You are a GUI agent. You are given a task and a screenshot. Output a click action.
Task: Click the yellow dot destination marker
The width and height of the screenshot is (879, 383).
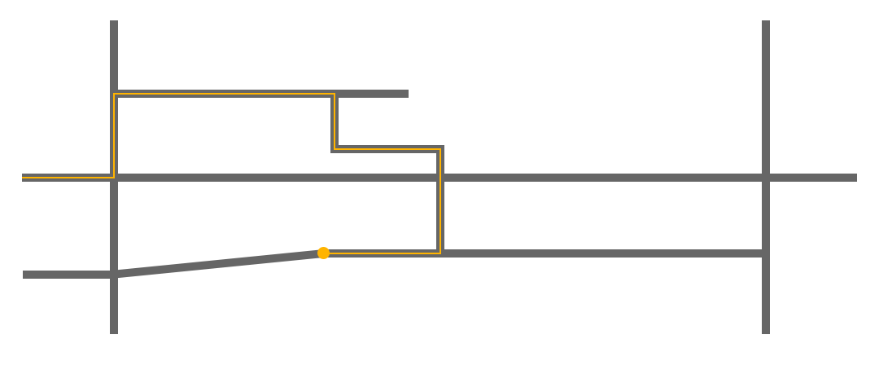(323, 253)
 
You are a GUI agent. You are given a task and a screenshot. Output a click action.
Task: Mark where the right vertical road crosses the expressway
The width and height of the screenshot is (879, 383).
(766, 177)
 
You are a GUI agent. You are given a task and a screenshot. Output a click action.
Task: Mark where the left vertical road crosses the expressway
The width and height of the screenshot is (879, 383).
(114, 177)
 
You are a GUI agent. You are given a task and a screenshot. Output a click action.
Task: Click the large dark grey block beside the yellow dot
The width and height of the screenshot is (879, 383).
(216, 262)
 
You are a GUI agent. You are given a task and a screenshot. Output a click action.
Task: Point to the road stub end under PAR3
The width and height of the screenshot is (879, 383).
(403, 94)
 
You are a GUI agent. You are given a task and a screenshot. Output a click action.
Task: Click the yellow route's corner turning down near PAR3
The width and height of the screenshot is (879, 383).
(334, 95)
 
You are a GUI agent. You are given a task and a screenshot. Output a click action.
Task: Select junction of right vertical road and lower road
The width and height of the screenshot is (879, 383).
(766, 253)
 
